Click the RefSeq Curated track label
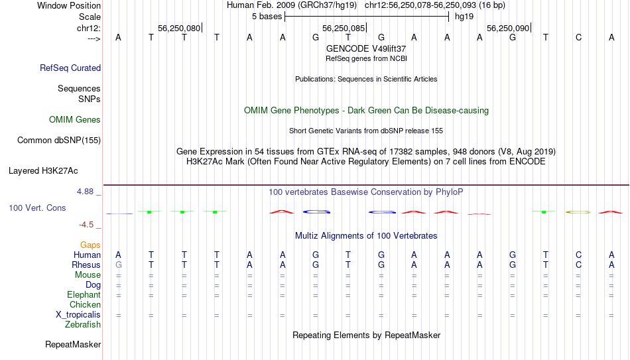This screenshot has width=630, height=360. pyautogui.click(x=70, y=68)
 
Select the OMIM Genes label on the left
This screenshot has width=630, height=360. pyautogui.click(x=75, y=120)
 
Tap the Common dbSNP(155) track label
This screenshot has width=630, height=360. pyautogui.click(x=59, y=141)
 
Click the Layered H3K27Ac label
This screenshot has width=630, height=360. pyautogui.click(x=43, y=171)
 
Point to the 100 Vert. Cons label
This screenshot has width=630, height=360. pyautogui.click(x=37, y=208)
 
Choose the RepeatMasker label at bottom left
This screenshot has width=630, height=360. pyautogui.click(x=73, y=344)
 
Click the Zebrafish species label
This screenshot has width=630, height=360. pyautogui.click(x=83, y=325)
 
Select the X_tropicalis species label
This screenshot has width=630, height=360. pyautogui.click(x=78, y=315)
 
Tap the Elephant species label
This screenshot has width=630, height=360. pyautogui.click(x=84, y=295)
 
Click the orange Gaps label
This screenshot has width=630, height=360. pyautogui.click(x=90, y=245)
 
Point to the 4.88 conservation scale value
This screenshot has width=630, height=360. pyautogui.click(x=85, y=192)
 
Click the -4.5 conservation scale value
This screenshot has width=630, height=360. pyautogui.click(x=86, y=225)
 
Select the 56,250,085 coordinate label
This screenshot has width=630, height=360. pyautogui.click(x=344, y=28)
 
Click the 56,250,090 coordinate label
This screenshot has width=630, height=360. pyautogui.click(x=508, y=28)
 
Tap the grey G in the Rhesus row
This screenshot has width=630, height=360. pyautogui.click(x=118, y=265)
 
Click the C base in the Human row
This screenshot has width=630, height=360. pyautogui.click(x=578, y=255)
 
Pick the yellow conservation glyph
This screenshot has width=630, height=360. pyautogui.click(x=578, y=211)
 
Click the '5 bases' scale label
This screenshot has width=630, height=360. pyautogui.click(x=267, y=17)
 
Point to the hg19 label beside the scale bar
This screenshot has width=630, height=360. pyautogui.click(x=464, y=17)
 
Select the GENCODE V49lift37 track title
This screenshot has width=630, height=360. pyautogui.click(x=366, y=48)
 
